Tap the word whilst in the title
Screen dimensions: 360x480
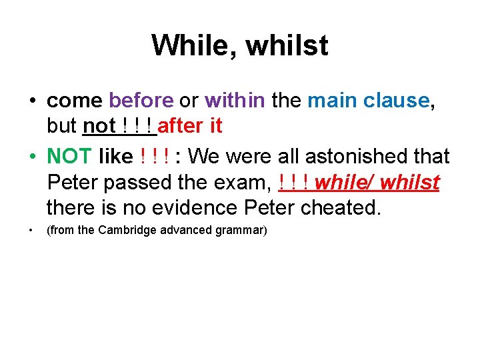287,46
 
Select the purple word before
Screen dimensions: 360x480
141,101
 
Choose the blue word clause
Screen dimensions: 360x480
396,101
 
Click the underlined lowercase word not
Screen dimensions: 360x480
99,126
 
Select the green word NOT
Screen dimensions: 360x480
69,157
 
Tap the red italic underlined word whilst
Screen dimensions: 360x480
410,182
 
